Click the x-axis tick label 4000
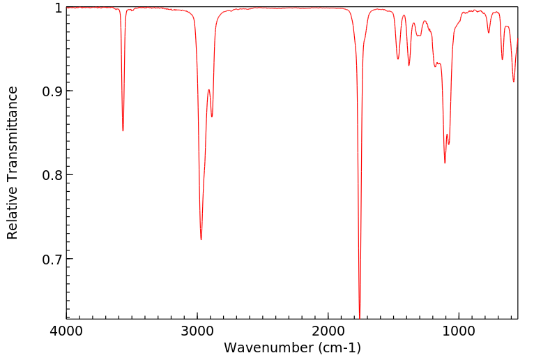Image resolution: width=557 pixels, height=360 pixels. [66, 330]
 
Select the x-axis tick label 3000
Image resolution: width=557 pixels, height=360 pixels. [197, 330]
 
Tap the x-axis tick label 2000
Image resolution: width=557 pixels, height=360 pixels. [328, 330]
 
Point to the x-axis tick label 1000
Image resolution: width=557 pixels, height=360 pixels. [459, 330]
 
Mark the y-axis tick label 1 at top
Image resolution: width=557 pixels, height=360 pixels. [59, 8]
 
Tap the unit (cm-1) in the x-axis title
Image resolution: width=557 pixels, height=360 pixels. [336, 347]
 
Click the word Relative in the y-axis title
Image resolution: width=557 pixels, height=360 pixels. [13, 215]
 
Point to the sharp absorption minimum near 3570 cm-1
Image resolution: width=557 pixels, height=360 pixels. [123, 130]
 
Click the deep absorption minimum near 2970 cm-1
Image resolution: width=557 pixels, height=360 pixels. [201, 239]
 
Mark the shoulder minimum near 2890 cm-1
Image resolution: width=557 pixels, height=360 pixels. [212, 117]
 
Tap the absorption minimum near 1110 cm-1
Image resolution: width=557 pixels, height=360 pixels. [445, 163]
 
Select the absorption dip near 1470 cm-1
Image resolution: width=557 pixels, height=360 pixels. [398, 59]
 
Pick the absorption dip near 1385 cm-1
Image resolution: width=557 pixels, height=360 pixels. [409, 66]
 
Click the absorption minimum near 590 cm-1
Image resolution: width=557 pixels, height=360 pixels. [514, 82]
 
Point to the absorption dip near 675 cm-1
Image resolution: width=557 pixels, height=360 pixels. [502, 59]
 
